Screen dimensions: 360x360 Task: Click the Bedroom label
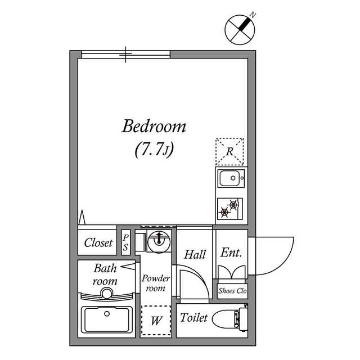click(154, 127)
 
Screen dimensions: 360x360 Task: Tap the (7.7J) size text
click(154, 150)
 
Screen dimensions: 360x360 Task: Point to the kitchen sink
click(230, 179)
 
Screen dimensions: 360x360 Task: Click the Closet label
click(98, 243)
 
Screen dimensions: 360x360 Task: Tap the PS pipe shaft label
click(125, 242)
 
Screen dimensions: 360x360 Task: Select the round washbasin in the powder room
click(157, 242)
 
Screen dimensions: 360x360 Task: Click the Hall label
click(195, 254)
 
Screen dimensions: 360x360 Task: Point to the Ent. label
click(231, 253)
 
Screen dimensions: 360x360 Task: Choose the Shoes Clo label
click(232, 291)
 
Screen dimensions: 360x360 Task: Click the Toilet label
click(194, 318)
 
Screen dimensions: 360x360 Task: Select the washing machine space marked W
click(156, 321)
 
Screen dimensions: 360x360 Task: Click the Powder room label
click(155, 283)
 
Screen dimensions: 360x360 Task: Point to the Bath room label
click(105, 274)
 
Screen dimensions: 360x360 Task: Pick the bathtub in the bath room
click(106, 321)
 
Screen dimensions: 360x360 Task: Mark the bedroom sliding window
click(125, 54)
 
